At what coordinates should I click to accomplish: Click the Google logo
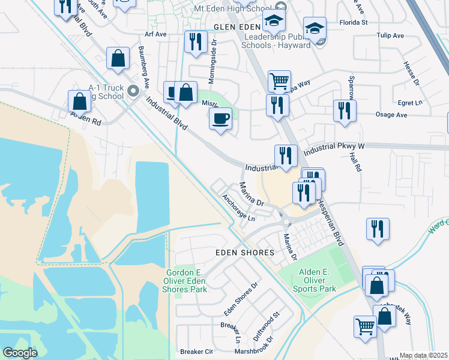[20, 353]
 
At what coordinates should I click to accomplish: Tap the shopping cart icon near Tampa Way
[279, 81]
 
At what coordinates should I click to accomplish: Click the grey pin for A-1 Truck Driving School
[134, 91]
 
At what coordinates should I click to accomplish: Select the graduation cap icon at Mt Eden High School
[274, 23]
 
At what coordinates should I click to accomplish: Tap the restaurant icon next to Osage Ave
[345, 111]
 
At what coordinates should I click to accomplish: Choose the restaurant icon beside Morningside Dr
[195, 42]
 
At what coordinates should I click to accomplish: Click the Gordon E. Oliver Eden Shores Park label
[187, 281]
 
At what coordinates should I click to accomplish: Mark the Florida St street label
[354, 23]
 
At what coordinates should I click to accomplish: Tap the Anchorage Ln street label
[238, 208]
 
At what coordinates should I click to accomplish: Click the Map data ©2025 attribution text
[423, 355]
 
